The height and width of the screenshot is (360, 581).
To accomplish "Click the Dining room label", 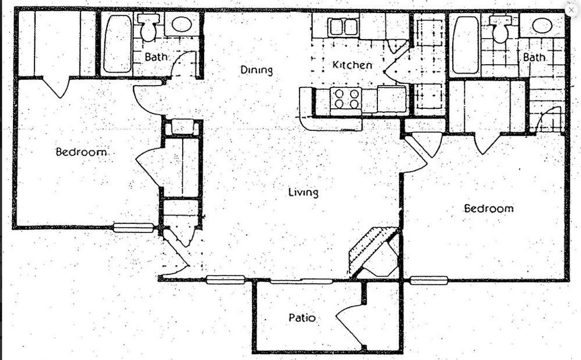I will (x=256, y=70).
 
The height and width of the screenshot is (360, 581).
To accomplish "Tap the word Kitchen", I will (x=352, y=65).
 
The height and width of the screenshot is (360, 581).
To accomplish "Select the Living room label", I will (x=303, y=192).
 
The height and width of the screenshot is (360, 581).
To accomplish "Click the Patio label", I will (x=301, y=318).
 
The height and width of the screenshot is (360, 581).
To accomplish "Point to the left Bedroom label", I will (x=81, y=152).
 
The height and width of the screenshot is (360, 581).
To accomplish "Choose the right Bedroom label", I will (x=489, y=208).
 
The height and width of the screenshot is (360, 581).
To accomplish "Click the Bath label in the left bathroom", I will (x=155, y=57).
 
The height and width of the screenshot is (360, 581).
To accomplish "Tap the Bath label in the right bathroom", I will (x=534, y=57).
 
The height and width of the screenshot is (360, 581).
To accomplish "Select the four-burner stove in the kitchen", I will (x=346, y=99).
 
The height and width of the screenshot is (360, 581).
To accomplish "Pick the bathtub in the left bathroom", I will (x=117, y=44).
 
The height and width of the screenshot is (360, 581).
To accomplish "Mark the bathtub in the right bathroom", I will (x=466, y=44).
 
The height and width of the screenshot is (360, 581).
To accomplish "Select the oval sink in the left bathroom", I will (x=182, y=24).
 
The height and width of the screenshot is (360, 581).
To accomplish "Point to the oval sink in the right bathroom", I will (x=541, y=26).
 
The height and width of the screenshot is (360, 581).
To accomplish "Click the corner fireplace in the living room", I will (x=374, y=252).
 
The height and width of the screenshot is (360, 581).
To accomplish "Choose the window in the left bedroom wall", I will (x=133, y=228).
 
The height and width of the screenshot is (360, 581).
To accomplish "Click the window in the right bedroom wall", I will (x=429, y=279).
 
